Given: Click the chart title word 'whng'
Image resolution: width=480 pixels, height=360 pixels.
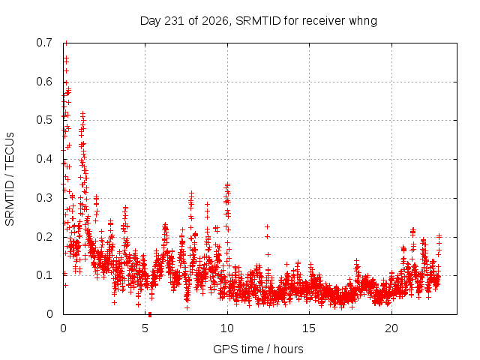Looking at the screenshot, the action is tap(363, 22).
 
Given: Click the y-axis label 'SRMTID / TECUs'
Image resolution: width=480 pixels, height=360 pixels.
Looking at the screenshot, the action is tap(10, 179).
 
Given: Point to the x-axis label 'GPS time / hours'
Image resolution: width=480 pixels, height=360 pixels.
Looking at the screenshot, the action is tap(258, 349).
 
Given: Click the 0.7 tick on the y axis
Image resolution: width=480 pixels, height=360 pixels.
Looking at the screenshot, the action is tap(44, 43).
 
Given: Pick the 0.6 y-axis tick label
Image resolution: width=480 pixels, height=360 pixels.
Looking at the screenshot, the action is tap(44, 82).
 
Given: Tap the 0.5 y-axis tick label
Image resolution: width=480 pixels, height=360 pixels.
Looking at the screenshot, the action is tap(44, 120).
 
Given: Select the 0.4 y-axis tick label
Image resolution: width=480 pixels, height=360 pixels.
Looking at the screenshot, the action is tap(44, 159).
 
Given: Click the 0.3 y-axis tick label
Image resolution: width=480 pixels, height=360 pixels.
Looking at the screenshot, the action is tap(44, 198).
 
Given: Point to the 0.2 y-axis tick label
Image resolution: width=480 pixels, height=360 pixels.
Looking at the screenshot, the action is tap(44, 237).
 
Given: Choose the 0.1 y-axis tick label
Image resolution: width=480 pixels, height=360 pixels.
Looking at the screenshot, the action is tap(44, 275).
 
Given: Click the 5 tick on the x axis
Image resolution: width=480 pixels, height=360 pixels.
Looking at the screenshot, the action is tap(145, 328).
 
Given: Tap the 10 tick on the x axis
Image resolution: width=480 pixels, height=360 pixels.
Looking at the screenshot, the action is tap(227, 328).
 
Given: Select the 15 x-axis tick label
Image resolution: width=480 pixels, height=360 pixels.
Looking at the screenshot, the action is tap(309, 328).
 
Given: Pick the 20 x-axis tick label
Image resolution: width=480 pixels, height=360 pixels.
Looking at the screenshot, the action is tap(391, 328).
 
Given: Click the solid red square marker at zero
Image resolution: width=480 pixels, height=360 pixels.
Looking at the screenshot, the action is tap(150, 314).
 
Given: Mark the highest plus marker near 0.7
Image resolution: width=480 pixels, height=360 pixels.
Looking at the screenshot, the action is tap(66, 43).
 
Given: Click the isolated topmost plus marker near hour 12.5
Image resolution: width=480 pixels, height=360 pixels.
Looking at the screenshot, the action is tap(267, 226).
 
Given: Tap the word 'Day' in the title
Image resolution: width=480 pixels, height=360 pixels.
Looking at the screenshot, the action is tap(150, 22).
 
